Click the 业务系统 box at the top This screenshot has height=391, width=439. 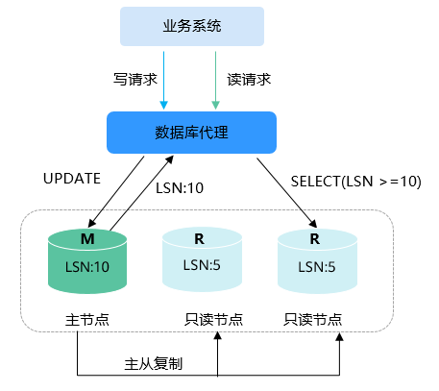pos(192,26)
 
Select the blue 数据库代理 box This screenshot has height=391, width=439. pos(191,133)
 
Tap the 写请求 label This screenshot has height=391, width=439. pos(135,79)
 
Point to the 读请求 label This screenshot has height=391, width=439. pos(249,79)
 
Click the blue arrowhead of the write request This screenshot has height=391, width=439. pos(163,105)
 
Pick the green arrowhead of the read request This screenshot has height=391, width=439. pos(215,105)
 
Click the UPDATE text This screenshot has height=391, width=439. pos(72,179)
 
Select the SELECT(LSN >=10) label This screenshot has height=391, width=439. pos(355,182)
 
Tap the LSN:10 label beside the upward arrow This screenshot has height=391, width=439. pos(180,188)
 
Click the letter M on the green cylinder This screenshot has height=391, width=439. pos(87,239)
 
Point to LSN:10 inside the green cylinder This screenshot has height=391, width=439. pos(87,266)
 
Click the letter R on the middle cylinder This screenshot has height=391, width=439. pos(199,239)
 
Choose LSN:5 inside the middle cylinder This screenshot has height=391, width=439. pos(202,265)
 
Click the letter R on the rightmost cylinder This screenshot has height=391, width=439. pos(315,239)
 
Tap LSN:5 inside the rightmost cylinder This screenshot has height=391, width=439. pos(317,266)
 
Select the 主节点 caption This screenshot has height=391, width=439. pos(87,320)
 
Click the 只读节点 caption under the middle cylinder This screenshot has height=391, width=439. pos(213,319)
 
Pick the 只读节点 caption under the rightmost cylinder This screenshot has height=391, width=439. pos(313,319)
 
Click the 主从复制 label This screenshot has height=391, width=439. pos(154,364)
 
